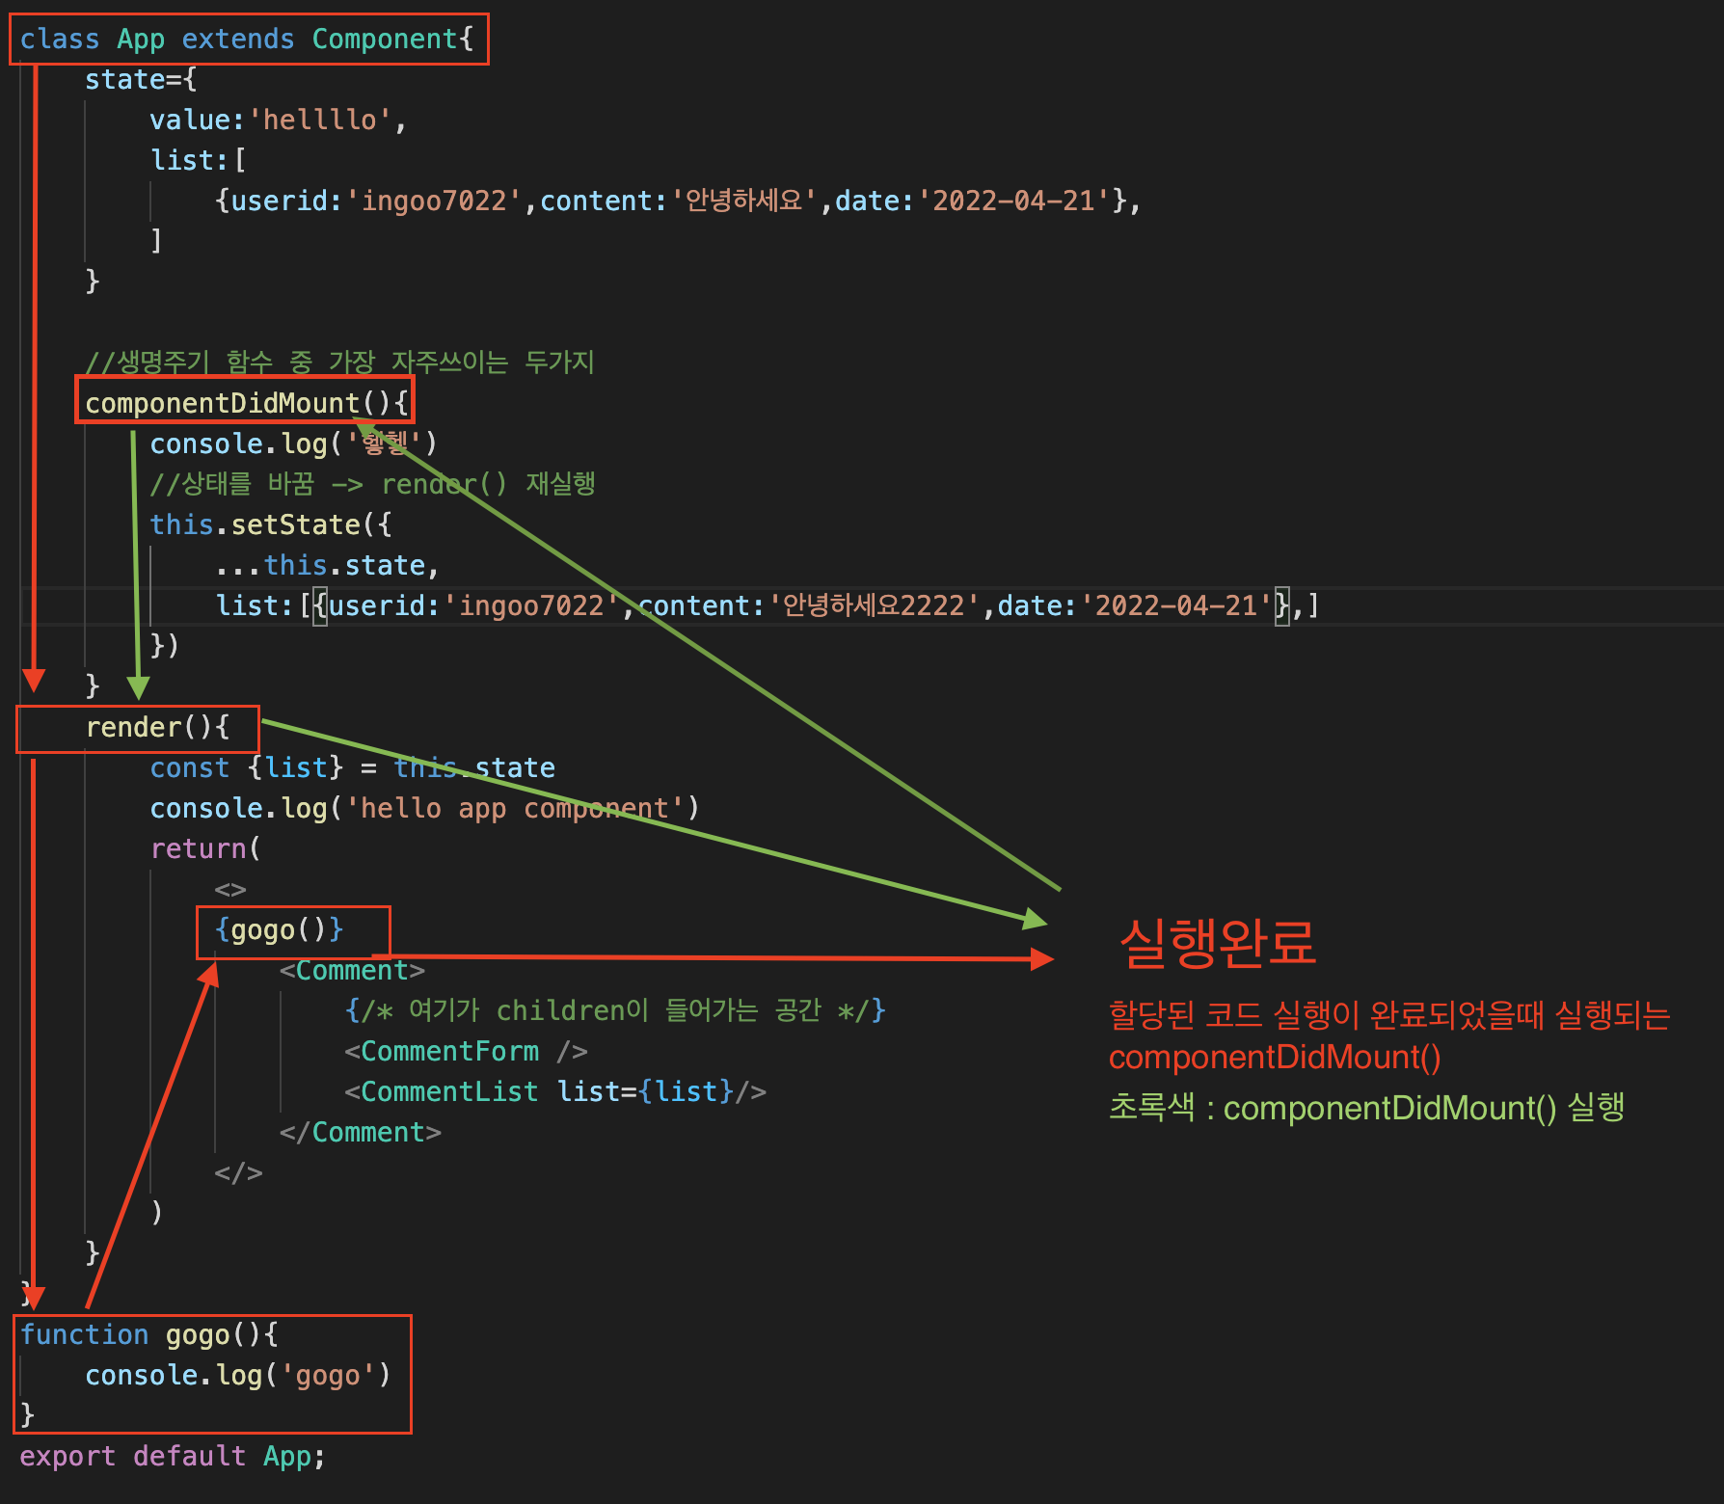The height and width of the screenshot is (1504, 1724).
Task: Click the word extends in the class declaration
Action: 237,40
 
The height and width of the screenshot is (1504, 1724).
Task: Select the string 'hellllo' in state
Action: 320,121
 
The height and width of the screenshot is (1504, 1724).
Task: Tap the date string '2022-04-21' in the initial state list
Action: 1013,201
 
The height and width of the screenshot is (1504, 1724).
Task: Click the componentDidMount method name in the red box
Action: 222,403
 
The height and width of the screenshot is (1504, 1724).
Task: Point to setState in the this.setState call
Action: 295,525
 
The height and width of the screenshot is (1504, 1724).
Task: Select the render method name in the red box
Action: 133,728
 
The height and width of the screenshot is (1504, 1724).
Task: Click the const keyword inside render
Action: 189,768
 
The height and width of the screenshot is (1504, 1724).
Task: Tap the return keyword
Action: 198,849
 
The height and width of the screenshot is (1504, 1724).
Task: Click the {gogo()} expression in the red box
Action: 280,930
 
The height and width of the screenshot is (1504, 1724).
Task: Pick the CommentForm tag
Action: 449,1052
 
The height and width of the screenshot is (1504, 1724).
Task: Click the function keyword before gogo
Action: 85,1335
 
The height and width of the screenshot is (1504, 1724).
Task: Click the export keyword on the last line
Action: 67,1457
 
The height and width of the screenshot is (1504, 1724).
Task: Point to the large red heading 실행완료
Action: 1217,942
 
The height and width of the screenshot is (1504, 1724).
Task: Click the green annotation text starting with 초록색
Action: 1365,1108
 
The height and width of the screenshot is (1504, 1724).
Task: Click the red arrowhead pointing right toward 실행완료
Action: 1041,959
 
